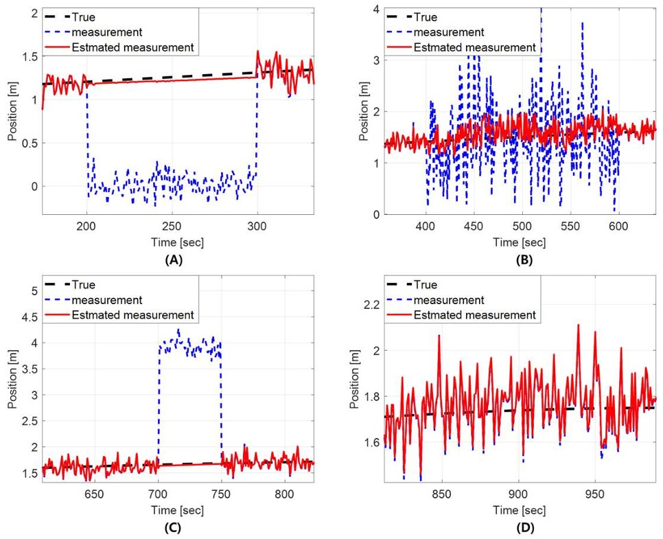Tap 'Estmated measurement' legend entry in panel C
(x=141, y=315)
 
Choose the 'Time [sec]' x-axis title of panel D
(x=519, y=510)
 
